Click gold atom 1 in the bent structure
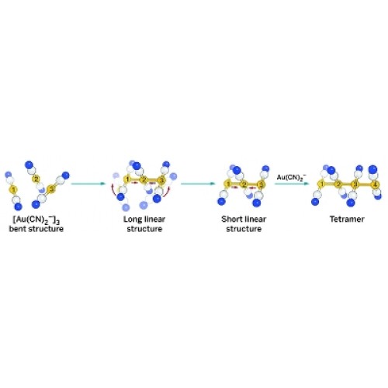click(13, 190)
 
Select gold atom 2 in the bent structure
click(36, 178)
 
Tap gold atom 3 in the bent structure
click(52, 189)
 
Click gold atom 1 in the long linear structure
click(127, 179)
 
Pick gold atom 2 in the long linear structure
click(144, 179)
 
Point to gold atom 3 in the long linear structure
click(161, 180)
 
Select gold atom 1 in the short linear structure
click(227, 184)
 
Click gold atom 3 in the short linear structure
click(262, 185)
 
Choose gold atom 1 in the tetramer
click(321, 184)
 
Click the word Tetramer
click(347, 220)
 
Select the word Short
click(233, 220)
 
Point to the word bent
click(18, 229)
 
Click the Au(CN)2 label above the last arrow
click(292, 178)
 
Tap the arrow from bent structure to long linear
click(88, 184)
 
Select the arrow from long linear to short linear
click(198, 184)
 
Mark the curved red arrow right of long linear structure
click(168, 193)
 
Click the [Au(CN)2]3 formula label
click(36, 220)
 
